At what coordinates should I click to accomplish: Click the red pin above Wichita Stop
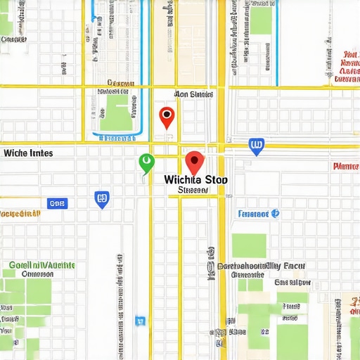pyautogui.click(x=194, y=162)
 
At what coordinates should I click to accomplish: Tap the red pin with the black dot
pyautogui.click(x=167, y=116)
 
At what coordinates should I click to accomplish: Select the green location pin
pyautogui.click(x=146, y=162)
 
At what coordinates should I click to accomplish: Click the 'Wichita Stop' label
pyautogui.click(x=195, y=179)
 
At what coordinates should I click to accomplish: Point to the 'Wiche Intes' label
pyautogui.click(x=28, y=152)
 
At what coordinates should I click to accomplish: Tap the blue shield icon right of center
pyautogui.click(x=257, y=146)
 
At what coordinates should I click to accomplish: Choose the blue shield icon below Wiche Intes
pyautogui.click(x=102, y=199)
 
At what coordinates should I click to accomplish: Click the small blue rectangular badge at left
pyautogui.click(x=57, y=203)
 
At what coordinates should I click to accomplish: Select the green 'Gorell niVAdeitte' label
pyautogui.click(x=42, y=265)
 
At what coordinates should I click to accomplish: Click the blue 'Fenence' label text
pyautogui.click(x=254, y=213)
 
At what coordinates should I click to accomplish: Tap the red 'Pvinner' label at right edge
pyautogui.click(x=345, y=167)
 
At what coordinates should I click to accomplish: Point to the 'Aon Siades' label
pyautogui.click(x=193, y=94)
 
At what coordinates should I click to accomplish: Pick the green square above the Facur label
pyautogui.click(x=249, y=245)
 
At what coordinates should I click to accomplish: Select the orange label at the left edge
pyautogui.click(x=20, y=212)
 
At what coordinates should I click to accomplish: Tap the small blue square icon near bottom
pyautogui.click(x=139, y=321)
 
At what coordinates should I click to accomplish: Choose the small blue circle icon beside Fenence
pyautogui.click(x=276, y=212)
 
